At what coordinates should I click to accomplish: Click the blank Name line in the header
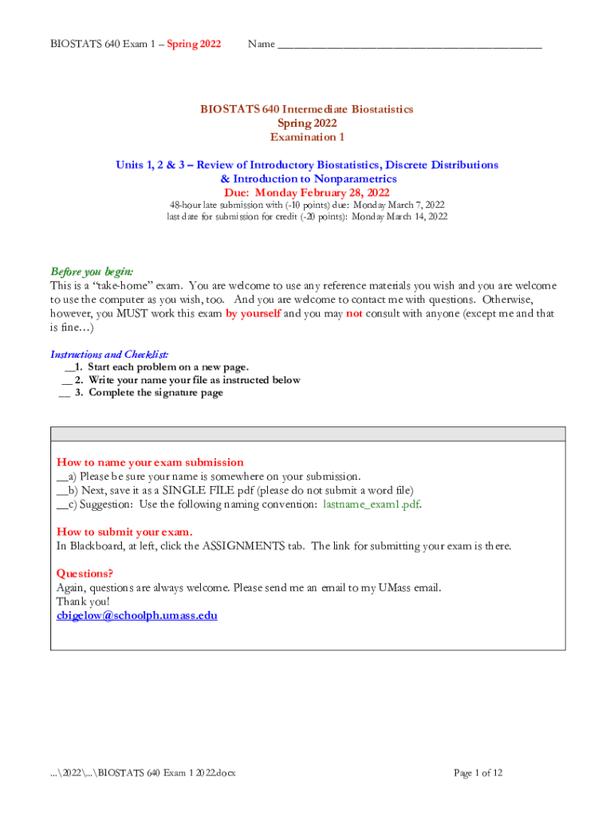point(409,45)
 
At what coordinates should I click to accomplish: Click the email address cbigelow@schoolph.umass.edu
point(137,615)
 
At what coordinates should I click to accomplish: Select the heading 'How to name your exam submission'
point(150,462)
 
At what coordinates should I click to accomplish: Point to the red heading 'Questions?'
point(85,574)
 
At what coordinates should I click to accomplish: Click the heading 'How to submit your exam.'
point(124,532)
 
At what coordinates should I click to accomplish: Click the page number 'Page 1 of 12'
point(478,772)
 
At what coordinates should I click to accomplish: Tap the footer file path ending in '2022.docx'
point(142,772)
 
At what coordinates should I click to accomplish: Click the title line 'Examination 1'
point(307,137)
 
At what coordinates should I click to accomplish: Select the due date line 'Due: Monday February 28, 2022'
point(307,193)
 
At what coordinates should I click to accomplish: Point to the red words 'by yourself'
point(253,314)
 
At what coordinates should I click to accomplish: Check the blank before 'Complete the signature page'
point(65,393)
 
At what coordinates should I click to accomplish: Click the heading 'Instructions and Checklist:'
point(109,355)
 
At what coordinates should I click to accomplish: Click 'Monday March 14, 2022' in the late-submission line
point(399,217)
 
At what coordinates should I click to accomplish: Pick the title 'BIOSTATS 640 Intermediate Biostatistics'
point(307,109)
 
